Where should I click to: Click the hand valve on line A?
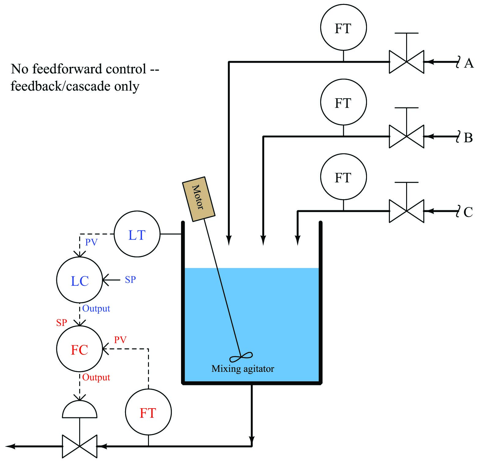pyautogui.click(x=406, y=62)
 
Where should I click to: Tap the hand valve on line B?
pyautogui.click(x=406, y=136)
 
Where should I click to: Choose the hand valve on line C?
pyautogui.click(x=406, y=211)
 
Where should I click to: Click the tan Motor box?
pyautogui.click(x=199, y=199)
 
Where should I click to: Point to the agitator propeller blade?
pyautogui.click(x=241, y=357)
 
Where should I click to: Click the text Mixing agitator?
pyautogui.click(x=243, y=369)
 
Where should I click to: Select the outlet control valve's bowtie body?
pyautogui.click(x=80, y=446)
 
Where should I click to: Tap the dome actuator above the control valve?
pyautogui.click(x=80, y=409)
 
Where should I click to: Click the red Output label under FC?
pyautogui.click(x=96, y=377)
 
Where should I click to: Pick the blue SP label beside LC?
pyautogui.click(x=130, y=280)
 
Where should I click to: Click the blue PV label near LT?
pyautogui.click(x=91, y=242)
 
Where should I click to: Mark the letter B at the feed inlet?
pyautogui.click(x=468, y=138)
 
